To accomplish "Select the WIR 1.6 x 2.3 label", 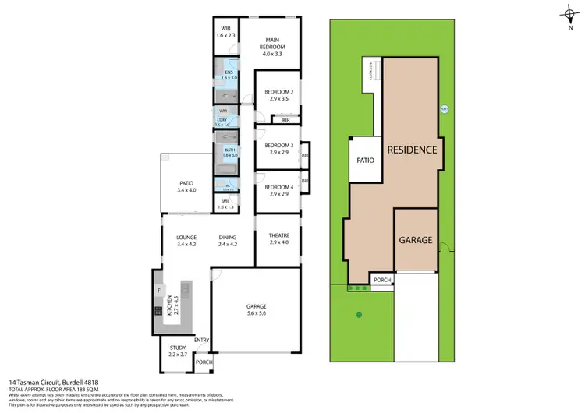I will (225, 32).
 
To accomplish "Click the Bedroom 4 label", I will (278, 191).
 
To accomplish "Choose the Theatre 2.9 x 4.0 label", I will (278, 241).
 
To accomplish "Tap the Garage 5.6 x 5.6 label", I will (256, 309).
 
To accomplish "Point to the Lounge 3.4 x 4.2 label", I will (186, 241).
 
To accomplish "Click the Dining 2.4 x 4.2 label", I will (228, 241).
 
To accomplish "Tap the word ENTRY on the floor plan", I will (202, 340).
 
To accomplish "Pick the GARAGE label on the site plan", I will (416, 240).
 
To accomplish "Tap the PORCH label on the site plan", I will (382, 280).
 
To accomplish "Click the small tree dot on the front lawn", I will (359, 315).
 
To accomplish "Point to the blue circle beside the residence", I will (444, 108).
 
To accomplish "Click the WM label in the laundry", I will (222, 111).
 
